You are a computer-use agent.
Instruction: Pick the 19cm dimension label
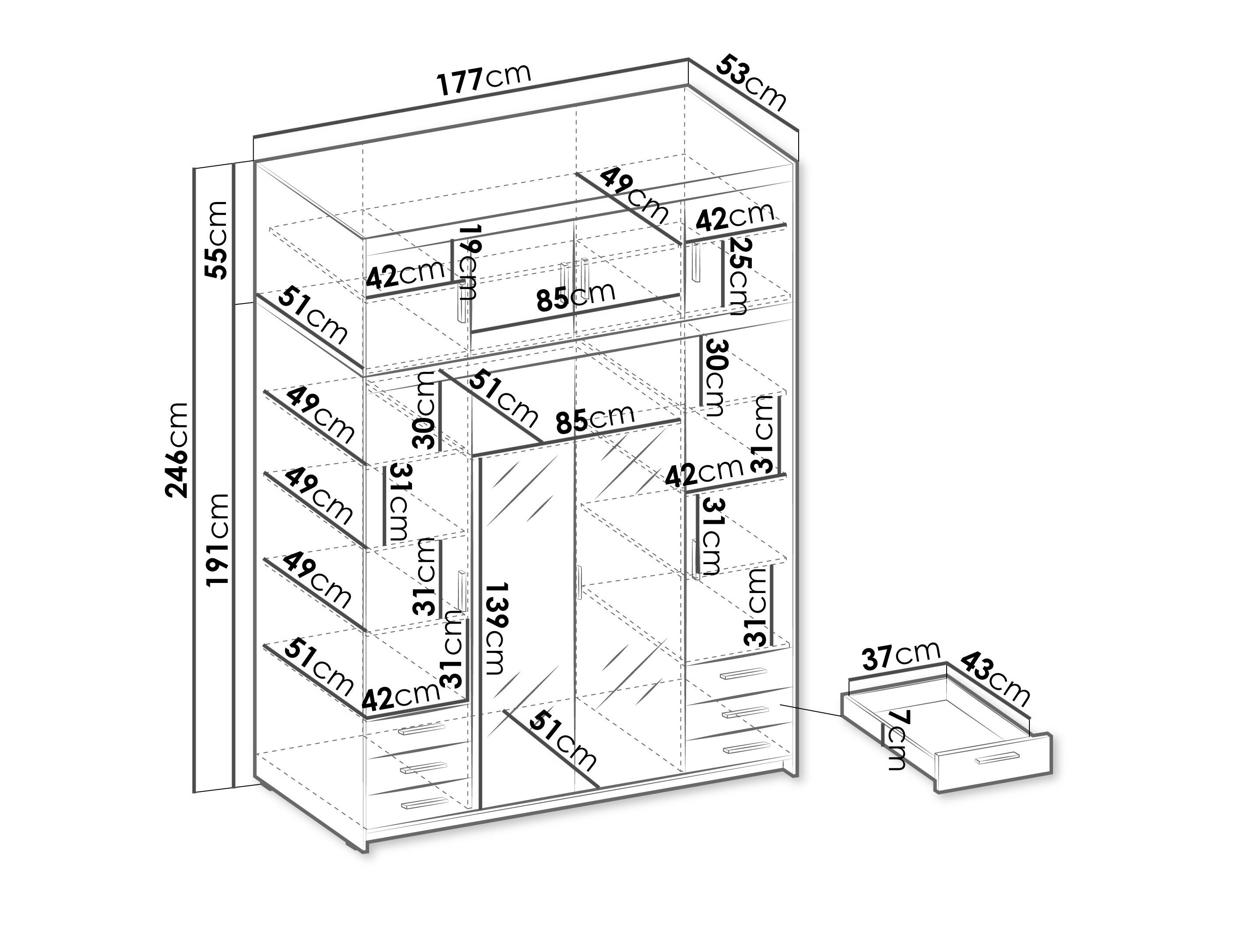(467, 262)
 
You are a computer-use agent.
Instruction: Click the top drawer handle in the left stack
(422, 729)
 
